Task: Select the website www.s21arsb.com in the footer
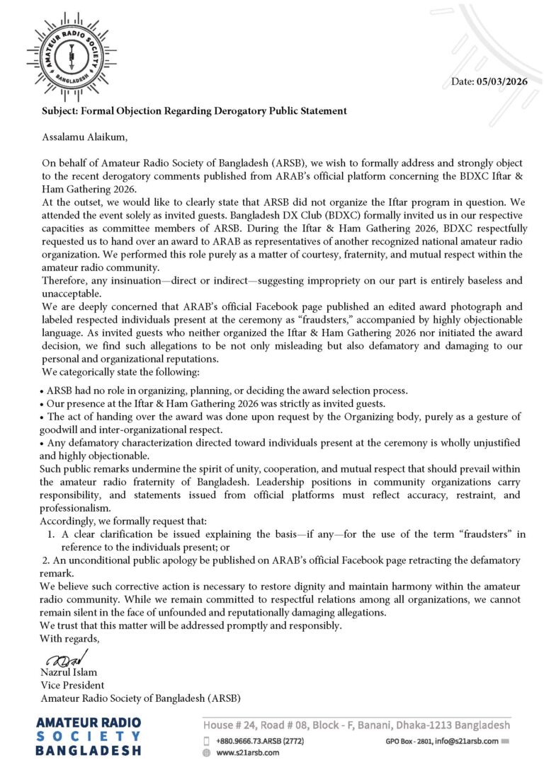247,752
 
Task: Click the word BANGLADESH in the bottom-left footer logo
88,750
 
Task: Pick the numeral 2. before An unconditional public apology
44,560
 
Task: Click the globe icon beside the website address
207,753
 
